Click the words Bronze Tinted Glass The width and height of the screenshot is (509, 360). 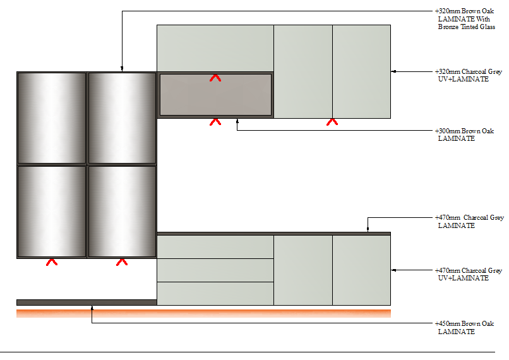tap(467, 27)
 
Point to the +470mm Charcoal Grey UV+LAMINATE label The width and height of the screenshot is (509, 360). tap(468, 274)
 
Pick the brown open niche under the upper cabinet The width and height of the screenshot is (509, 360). tap(215, 95)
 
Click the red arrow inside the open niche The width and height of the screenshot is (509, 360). tap(215, 78)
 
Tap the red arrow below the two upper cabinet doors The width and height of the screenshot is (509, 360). tap(332, 122)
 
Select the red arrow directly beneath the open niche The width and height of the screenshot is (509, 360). tap(215, 122)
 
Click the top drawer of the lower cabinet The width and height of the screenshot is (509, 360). tap(215, 247)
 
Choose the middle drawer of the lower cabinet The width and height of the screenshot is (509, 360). tap(215, 270)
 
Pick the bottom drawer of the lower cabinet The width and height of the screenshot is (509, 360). tap(215, 294)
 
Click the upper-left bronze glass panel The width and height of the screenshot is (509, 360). tap(52, 118)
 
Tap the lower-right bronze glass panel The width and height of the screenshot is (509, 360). tap(122, 212)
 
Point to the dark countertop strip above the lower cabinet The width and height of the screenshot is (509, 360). tap(273, 234)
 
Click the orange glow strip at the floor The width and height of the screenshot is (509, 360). tap(203, 313)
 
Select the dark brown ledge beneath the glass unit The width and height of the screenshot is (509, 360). tap(87, 303)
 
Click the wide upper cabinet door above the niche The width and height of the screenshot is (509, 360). tap(215, 49)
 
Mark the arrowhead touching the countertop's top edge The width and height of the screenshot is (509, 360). tap(368, 229)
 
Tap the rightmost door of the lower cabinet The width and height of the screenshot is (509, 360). tap(362, 270)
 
